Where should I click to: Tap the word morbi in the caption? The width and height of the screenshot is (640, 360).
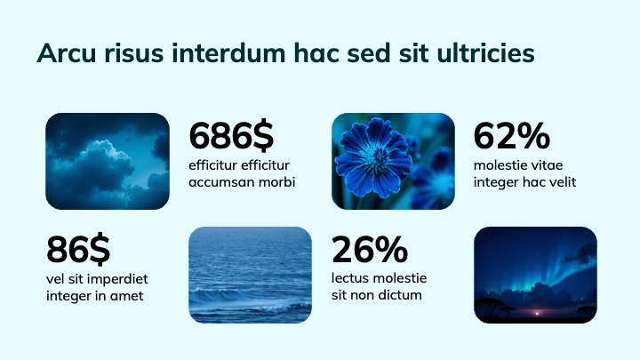[x=276, y=182]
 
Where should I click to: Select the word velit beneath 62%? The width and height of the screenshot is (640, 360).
[x=560, y=182]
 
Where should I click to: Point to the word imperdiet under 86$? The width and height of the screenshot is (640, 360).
[x=116, y=279]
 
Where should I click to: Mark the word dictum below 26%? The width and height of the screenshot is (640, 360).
[x=399, y=295]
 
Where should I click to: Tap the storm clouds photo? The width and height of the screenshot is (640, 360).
[x=108, y=161]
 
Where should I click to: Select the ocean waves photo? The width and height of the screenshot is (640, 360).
[x=250, y=275]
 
